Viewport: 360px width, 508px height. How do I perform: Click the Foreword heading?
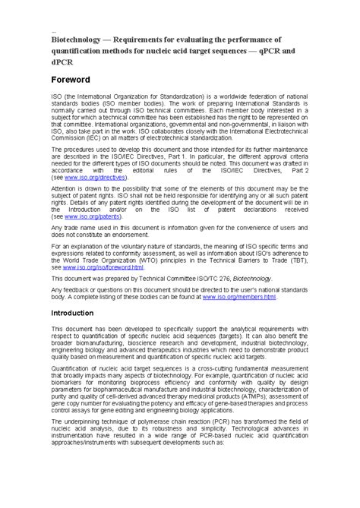(71, 79)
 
